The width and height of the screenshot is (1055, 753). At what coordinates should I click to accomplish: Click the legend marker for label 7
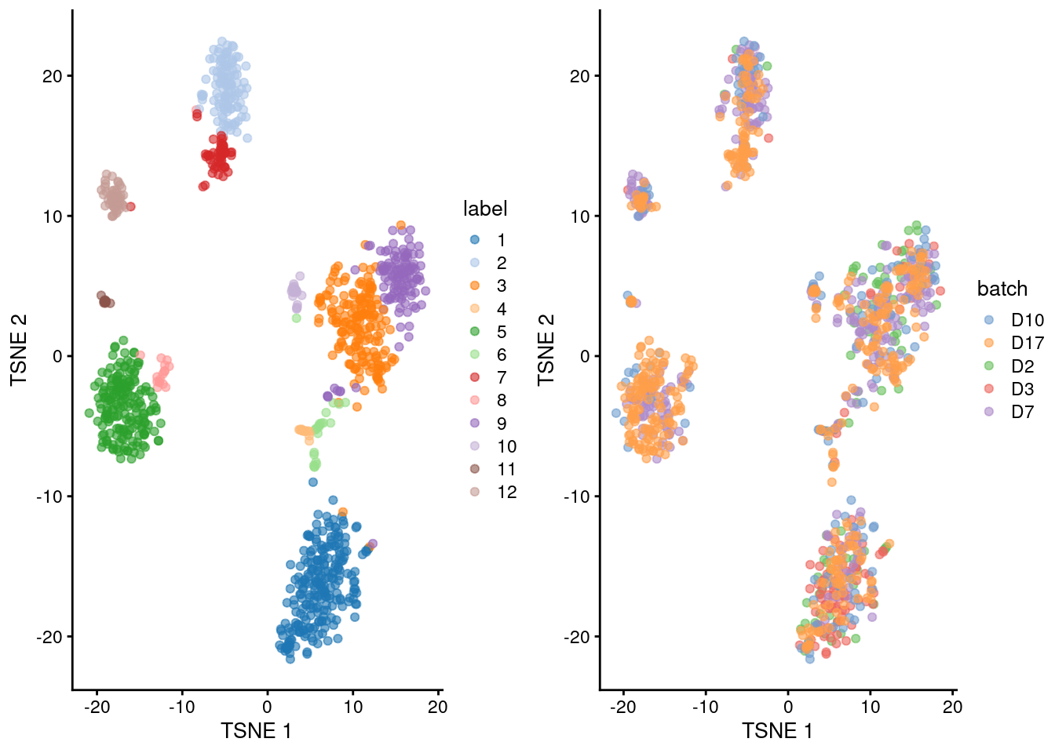pyautogui.click(x=475, y=377)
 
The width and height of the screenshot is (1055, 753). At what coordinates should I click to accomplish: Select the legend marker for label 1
pyautogui.click(x=475, y=240)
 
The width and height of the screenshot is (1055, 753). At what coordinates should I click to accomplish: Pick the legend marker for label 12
pyautogui.click(x=475, y=492)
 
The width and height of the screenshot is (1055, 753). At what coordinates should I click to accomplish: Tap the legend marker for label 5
pyautogui.click(x=475, y=332)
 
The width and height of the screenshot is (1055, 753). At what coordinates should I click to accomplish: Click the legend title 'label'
pyautogui.click(x=485, y=209)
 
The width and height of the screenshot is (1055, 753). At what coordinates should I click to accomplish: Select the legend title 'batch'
pyautogui.click(x=1002, y=289)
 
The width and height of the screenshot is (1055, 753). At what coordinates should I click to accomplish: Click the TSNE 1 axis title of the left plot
pyautogui.click(x=256, y=731)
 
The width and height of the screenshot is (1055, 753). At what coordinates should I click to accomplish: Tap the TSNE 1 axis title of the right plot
pyautogui.click(x=777, y=731)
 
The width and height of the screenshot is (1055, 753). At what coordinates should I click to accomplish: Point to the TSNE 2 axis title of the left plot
pyautogui.click(x=19, y=350)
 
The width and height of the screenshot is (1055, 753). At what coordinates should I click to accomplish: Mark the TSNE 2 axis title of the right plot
pyautogui.click(x=546, y=350)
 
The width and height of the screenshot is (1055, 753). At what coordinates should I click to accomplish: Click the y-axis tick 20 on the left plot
pyautogui.click(x=53, y=76)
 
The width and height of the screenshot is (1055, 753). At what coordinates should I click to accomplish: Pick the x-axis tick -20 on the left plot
pyautogui.click(x=97, y=707)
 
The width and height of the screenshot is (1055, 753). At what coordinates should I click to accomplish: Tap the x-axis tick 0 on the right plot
pyautogui.click(x=788, y=707)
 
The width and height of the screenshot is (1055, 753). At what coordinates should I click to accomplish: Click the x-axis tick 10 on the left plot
pyautogui.click(x=352, y=707)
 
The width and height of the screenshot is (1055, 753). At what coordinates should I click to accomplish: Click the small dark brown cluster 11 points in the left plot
pyautogui.click(x=104, y=300)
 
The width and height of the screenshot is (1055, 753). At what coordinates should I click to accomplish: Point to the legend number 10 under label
pyautogui.click(x=506, y=446)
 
